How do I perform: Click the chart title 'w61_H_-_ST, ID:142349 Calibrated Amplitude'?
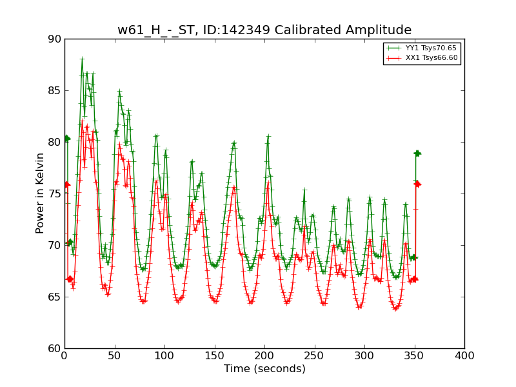click(264, 30)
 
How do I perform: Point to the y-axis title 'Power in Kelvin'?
click(40, 193)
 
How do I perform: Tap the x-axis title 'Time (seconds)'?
click(264, 369)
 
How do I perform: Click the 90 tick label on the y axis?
click(54, 39)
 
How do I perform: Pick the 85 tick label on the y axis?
click(54, 90)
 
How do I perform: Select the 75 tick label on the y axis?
click(54, 193)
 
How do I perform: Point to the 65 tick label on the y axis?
click(54, 297)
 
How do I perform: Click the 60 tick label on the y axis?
click(54, 348)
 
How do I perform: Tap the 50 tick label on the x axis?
click(114, 355)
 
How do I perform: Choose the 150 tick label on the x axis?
click(214, 355)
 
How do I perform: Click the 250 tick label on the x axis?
click(314, 355)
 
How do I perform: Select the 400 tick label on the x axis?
click(464, 355)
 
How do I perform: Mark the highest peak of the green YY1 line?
click(82, 59)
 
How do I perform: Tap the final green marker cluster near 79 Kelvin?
click(417, 153)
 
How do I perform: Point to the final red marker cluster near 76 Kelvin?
click(417, 184)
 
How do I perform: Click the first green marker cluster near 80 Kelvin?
click(66, 138)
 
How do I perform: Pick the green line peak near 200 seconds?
click(268, 136)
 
